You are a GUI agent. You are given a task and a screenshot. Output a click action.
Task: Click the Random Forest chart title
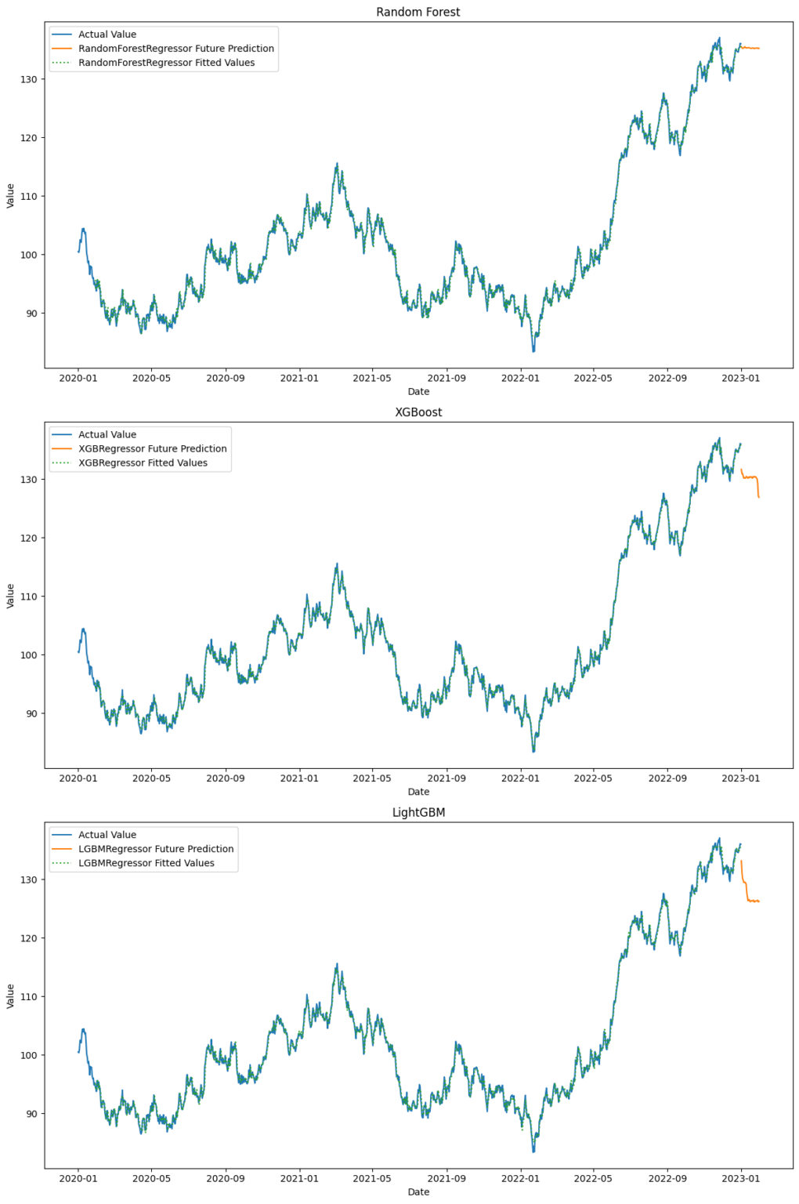[x=418, y=12]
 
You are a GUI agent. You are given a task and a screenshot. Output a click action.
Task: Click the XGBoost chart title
[x=418, y=412]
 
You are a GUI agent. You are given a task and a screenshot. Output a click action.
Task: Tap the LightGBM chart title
[x=418, y=813]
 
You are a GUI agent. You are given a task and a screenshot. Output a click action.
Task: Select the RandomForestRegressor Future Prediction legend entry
[x=175, y=49]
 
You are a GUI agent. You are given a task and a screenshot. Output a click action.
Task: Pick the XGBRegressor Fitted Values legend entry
[x=143, y=463]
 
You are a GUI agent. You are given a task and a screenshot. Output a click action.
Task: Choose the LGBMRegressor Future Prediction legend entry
[x=155, y=849]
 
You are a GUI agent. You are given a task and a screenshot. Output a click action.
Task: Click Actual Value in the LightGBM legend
[x=107, y=835]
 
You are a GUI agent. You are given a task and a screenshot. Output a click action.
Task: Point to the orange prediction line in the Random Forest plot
[x=750, y=49]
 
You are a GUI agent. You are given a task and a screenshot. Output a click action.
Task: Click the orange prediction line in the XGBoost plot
[x=750, y=477]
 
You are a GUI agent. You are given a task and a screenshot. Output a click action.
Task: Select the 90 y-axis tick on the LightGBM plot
[x=33, y=1114]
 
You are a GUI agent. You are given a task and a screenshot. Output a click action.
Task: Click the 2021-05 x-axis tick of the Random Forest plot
[x=371, y=378]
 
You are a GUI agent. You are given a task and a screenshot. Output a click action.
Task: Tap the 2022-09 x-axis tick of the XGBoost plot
[x=667, y=778]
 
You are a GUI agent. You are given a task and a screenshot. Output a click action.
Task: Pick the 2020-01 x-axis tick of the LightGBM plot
[x=78, y=1178]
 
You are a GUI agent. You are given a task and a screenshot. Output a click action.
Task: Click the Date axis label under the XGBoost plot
[x=418, y=792]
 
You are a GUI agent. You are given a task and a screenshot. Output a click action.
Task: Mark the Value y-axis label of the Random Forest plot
[x=10, y=196]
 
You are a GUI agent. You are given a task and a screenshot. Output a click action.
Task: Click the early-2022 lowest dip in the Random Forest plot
[x=533, y=350]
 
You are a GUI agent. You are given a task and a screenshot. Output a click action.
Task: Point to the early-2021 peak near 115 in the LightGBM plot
[x=337, y=966]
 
